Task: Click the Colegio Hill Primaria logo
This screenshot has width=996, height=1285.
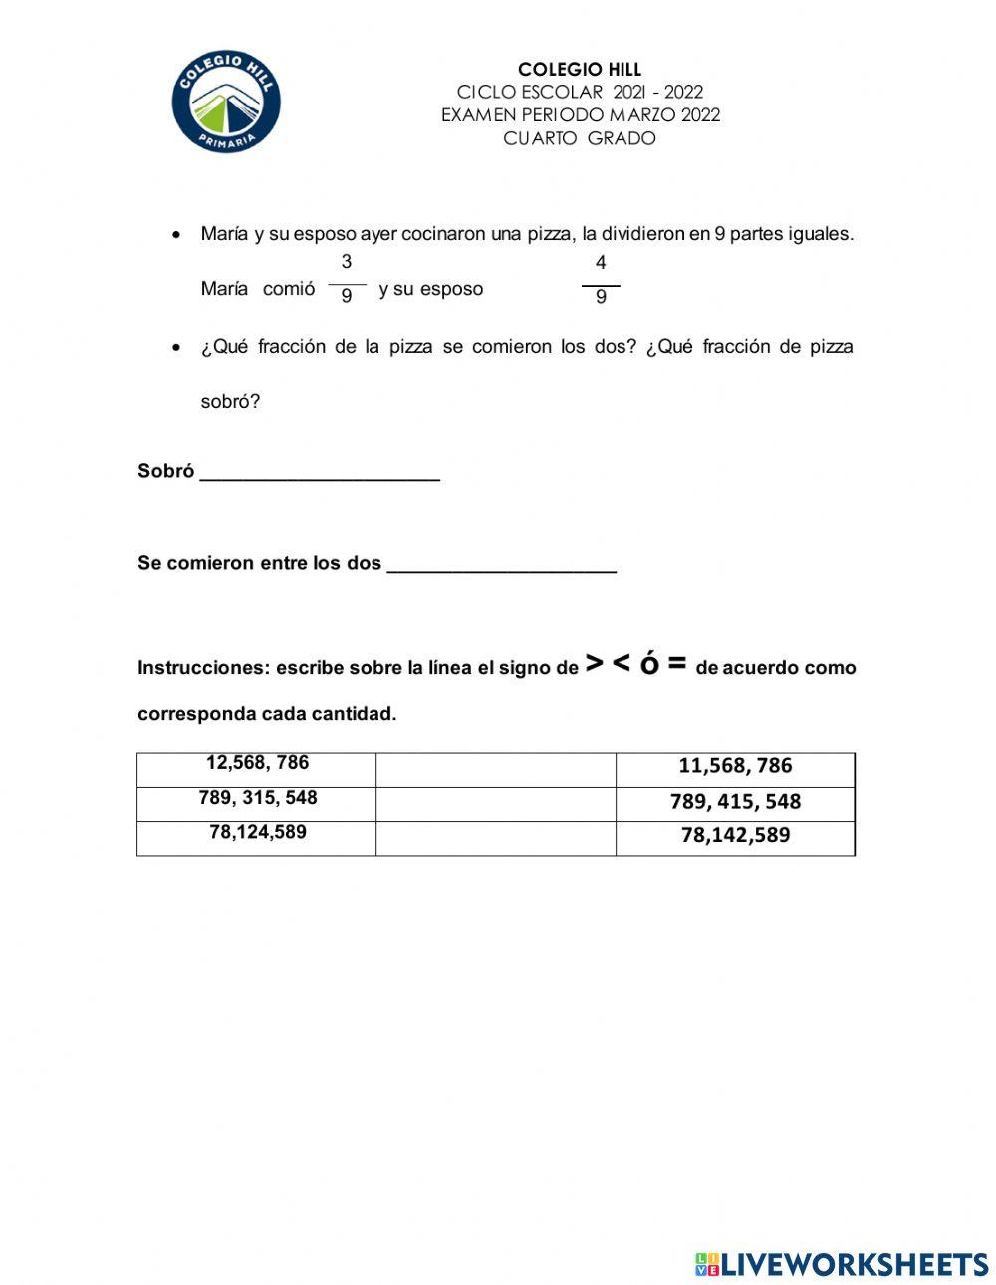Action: pos(226,104)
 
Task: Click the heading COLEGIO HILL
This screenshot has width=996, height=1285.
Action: pos(580,69)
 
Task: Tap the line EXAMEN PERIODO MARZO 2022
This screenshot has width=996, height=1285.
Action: pos(580,114)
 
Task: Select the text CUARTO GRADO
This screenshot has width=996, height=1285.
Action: pos(580,138)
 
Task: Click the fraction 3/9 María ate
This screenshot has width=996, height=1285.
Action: pos(347,279)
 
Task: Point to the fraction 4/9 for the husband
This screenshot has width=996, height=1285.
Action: pos(601,280)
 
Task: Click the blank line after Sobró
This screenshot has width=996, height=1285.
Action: pos(320,471)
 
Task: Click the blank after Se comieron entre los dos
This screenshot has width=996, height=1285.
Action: pos(501,563)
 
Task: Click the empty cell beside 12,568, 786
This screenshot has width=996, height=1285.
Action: pos(495,770)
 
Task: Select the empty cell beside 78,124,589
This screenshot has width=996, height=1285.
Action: pos(495,838)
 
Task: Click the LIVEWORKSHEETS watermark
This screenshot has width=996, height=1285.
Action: pos(842,1264)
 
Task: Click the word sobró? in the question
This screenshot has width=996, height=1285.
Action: pos(230,402)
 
